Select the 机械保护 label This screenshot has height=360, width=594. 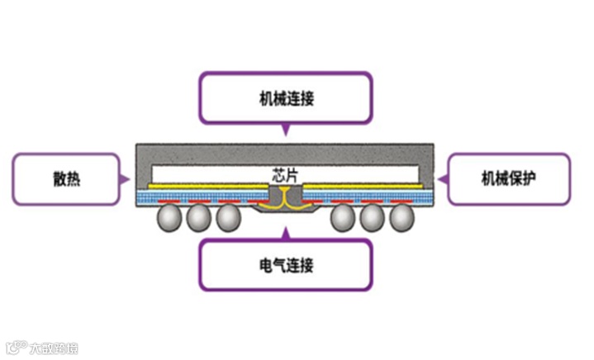click(509, 178)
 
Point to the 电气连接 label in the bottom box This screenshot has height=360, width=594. click(285, 266)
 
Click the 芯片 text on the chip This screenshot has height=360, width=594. click(284, 175)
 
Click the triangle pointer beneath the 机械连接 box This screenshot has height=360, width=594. click(285, 130)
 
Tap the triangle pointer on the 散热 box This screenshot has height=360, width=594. click(124, 178)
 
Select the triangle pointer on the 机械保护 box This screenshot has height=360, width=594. click(443, 178)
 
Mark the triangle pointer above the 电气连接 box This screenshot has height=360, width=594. click(285, 231)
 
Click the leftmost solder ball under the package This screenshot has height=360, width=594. click(169, 217)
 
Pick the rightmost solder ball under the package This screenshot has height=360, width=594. click(402, 217)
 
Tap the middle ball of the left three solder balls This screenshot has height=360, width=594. click(198, 217)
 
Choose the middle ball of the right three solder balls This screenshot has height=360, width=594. click(372, 217)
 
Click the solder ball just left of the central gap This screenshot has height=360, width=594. click(228, 217)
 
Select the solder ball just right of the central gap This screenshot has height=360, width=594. click(342, 217)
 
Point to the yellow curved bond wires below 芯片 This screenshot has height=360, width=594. click(284, 196)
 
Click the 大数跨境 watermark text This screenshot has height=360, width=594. click(54, 348)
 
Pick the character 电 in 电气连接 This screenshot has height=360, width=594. click(264, 266)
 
